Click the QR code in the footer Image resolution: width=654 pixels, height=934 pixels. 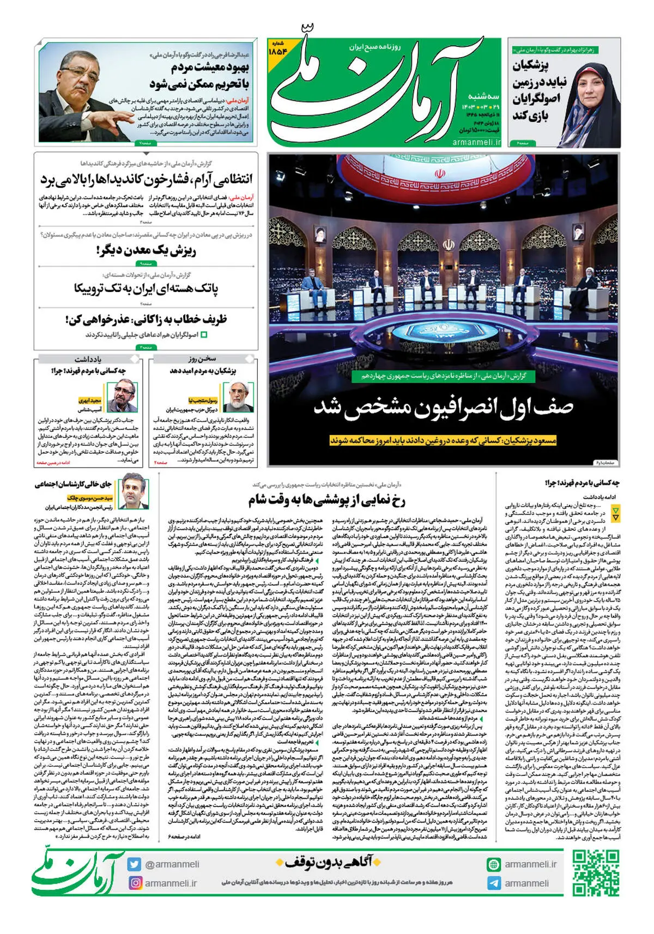coord(596,873)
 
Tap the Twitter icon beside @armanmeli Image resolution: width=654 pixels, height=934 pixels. coord(135,864)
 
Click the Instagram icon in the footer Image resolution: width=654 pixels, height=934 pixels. coord(135,883)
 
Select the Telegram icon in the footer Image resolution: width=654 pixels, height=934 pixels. coord(494,883)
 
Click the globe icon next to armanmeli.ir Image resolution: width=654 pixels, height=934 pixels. coord(494,864)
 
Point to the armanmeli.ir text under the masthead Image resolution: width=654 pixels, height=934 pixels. coord(476,142)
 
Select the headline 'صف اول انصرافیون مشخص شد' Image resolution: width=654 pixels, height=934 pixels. coord(443,408)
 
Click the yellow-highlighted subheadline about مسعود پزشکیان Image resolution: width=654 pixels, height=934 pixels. coord(443,440)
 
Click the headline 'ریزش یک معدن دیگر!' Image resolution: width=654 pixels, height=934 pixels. coord(146,251)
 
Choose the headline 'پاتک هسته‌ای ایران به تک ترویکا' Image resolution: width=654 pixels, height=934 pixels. coord(146,288)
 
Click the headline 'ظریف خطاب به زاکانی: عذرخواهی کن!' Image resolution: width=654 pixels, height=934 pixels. coord(146,319)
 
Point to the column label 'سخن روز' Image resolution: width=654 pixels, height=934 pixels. coord(202,359)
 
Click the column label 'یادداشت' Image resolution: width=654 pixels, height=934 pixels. coord(88,359)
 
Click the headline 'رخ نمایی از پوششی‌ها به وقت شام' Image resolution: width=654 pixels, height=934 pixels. coord(327,499)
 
